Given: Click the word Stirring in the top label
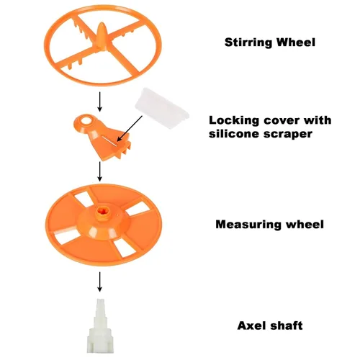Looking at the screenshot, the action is coord(248,42).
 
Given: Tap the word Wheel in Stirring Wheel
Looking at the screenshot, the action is coord(296,42).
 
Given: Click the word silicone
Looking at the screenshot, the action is coord(234,134).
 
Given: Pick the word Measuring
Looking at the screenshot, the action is coord(248,225).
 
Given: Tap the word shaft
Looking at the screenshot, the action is coord(287,325).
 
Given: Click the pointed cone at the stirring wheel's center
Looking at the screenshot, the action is coord(101,36).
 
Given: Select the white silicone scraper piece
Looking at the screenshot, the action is coord(162,108).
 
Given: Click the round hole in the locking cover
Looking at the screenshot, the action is coord(86,120).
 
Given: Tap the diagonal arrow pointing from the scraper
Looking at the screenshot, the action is coord(130,128).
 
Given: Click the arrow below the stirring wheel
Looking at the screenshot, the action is coord(100,102).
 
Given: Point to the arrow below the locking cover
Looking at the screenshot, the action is coord(100,171).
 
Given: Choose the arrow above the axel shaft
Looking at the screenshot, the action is coord(100,282).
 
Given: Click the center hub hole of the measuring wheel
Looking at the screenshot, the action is coord(104,212).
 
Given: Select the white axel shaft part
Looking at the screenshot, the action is coord(99,325).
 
